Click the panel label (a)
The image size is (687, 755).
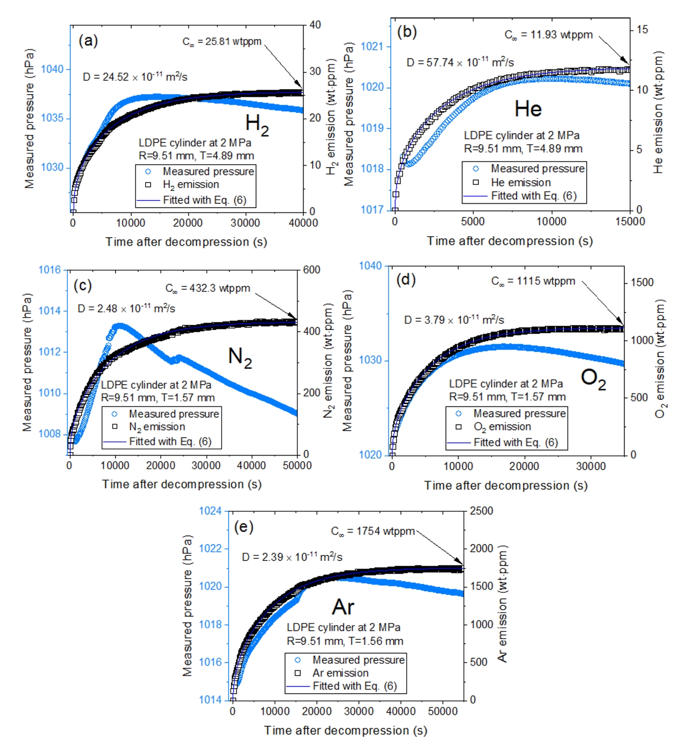click(x=88, y=41)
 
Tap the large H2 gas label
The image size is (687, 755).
click(x=257, y=124)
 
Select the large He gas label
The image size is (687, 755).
click(x=528, y=109)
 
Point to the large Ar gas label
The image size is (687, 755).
click(x=343, y=607)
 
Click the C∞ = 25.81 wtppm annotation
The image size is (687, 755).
click(x=222, y=42)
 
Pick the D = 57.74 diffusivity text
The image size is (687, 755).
click(x=460, y=62)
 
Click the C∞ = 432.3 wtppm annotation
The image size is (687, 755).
click(x=208, y=288)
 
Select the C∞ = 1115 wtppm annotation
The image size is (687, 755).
click(x=533, y=281)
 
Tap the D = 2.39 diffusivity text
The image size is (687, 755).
click(x=292, y=557)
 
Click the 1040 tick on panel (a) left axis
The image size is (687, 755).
click(x=52, y=69)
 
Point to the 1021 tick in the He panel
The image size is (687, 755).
click(x=372, y=47)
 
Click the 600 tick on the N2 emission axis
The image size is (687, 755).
click(x=312, y=270)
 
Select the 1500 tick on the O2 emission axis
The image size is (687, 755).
click(x=642, y=282)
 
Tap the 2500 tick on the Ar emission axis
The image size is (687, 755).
click(x=481, y=511)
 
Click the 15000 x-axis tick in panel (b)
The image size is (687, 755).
click(x=630, y=221)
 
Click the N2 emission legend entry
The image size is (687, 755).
click(x=157, y=427)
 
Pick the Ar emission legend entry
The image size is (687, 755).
click(x=340, y=673)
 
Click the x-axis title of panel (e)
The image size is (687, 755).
click(x=345, y=730)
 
